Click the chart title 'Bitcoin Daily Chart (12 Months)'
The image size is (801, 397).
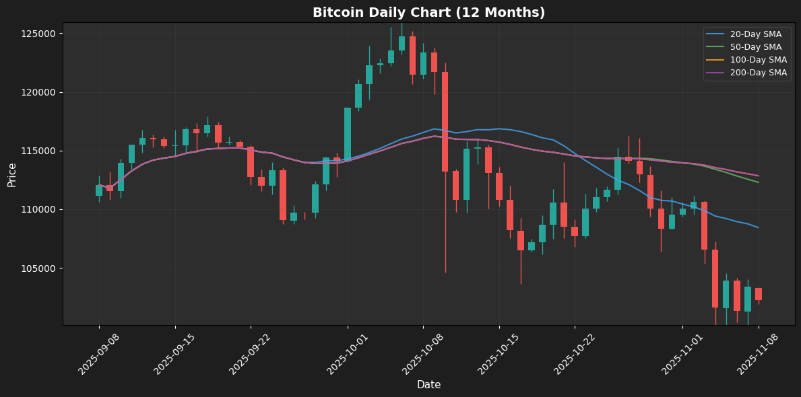click(x=428, y=13)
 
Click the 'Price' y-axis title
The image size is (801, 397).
click(x=12, y=174)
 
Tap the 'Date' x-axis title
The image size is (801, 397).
click(x=428, y=385)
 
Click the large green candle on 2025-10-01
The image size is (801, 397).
click(x=348, y=133)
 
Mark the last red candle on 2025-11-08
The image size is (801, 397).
click(x=759, y=294)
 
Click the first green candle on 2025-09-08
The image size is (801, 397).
click(x=99, y=190)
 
